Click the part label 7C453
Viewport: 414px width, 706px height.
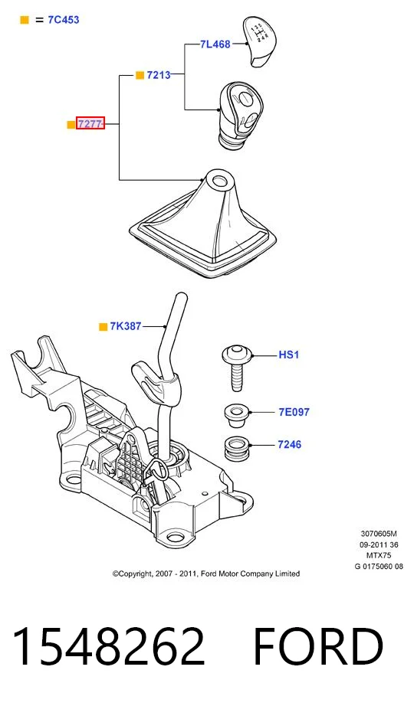click(x=64, y=20)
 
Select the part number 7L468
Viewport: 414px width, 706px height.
click(x=215, y=44)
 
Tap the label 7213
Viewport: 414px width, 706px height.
click(x=159, y=75)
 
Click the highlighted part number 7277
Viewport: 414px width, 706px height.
click(x=90, y=123)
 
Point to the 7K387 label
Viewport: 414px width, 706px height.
click(x=126, y=326)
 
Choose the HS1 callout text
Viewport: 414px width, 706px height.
click(x=288, y=355)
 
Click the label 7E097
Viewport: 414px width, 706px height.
click(x=294, y=412)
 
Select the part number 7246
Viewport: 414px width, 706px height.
click(x=290, y=444)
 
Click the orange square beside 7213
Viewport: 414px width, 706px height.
click(x=140, y=75)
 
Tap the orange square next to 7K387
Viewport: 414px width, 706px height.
click(x=103, y=327)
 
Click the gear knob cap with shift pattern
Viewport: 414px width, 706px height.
click(x=260, y=41)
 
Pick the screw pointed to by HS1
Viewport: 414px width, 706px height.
click(x=236, y=368)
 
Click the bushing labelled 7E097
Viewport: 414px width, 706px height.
click(x=237, y=416)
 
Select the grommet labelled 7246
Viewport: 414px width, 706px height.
click(x=237, y=447)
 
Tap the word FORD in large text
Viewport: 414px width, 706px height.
click(x=318, y=646)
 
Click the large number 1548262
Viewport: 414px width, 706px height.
click(x=109, y=646)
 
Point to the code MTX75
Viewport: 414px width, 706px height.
click(x=379, y=556)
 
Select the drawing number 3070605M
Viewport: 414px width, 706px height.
click(x=379, y=534)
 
